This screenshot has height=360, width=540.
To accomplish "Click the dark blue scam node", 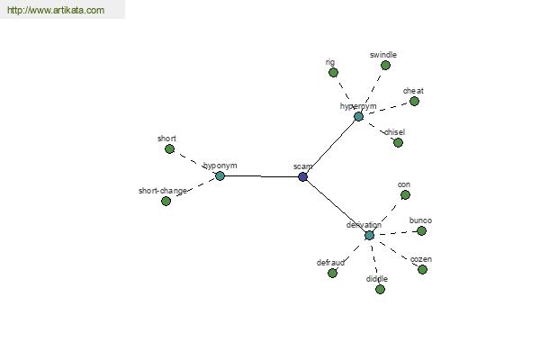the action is coord(302,176).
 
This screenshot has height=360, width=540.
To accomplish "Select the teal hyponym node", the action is coord(220,176).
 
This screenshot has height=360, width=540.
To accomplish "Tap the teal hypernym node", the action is coord(358,116).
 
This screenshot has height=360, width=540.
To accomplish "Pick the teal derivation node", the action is coord(369,235).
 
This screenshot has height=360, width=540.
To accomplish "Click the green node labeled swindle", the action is coord(385,65).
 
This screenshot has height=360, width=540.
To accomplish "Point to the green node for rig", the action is coord(333,72).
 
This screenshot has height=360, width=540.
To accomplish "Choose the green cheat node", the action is coord(414,101).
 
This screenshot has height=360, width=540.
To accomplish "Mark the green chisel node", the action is coord(398,142).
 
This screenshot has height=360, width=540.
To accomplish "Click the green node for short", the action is coord(169,148).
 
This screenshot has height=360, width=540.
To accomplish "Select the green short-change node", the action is coord(166,201).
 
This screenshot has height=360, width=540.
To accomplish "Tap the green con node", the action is coord(405,195).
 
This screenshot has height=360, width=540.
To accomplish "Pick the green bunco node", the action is coord(421,230).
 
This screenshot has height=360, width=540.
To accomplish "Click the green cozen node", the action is coord(423,269).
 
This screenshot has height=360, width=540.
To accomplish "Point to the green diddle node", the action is coord(380,289).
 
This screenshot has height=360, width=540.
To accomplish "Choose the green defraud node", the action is coord(332,273).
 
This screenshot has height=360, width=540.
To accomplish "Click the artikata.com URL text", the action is coord(56,10).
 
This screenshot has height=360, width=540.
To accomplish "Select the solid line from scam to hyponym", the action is coord(261,176).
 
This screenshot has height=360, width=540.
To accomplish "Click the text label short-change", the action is coord(163,191).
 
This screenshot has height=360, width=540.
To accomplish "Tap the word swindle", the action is coord(383,55).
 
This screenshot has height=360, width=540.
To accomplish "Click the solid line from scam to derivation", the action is coord(336,206).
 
